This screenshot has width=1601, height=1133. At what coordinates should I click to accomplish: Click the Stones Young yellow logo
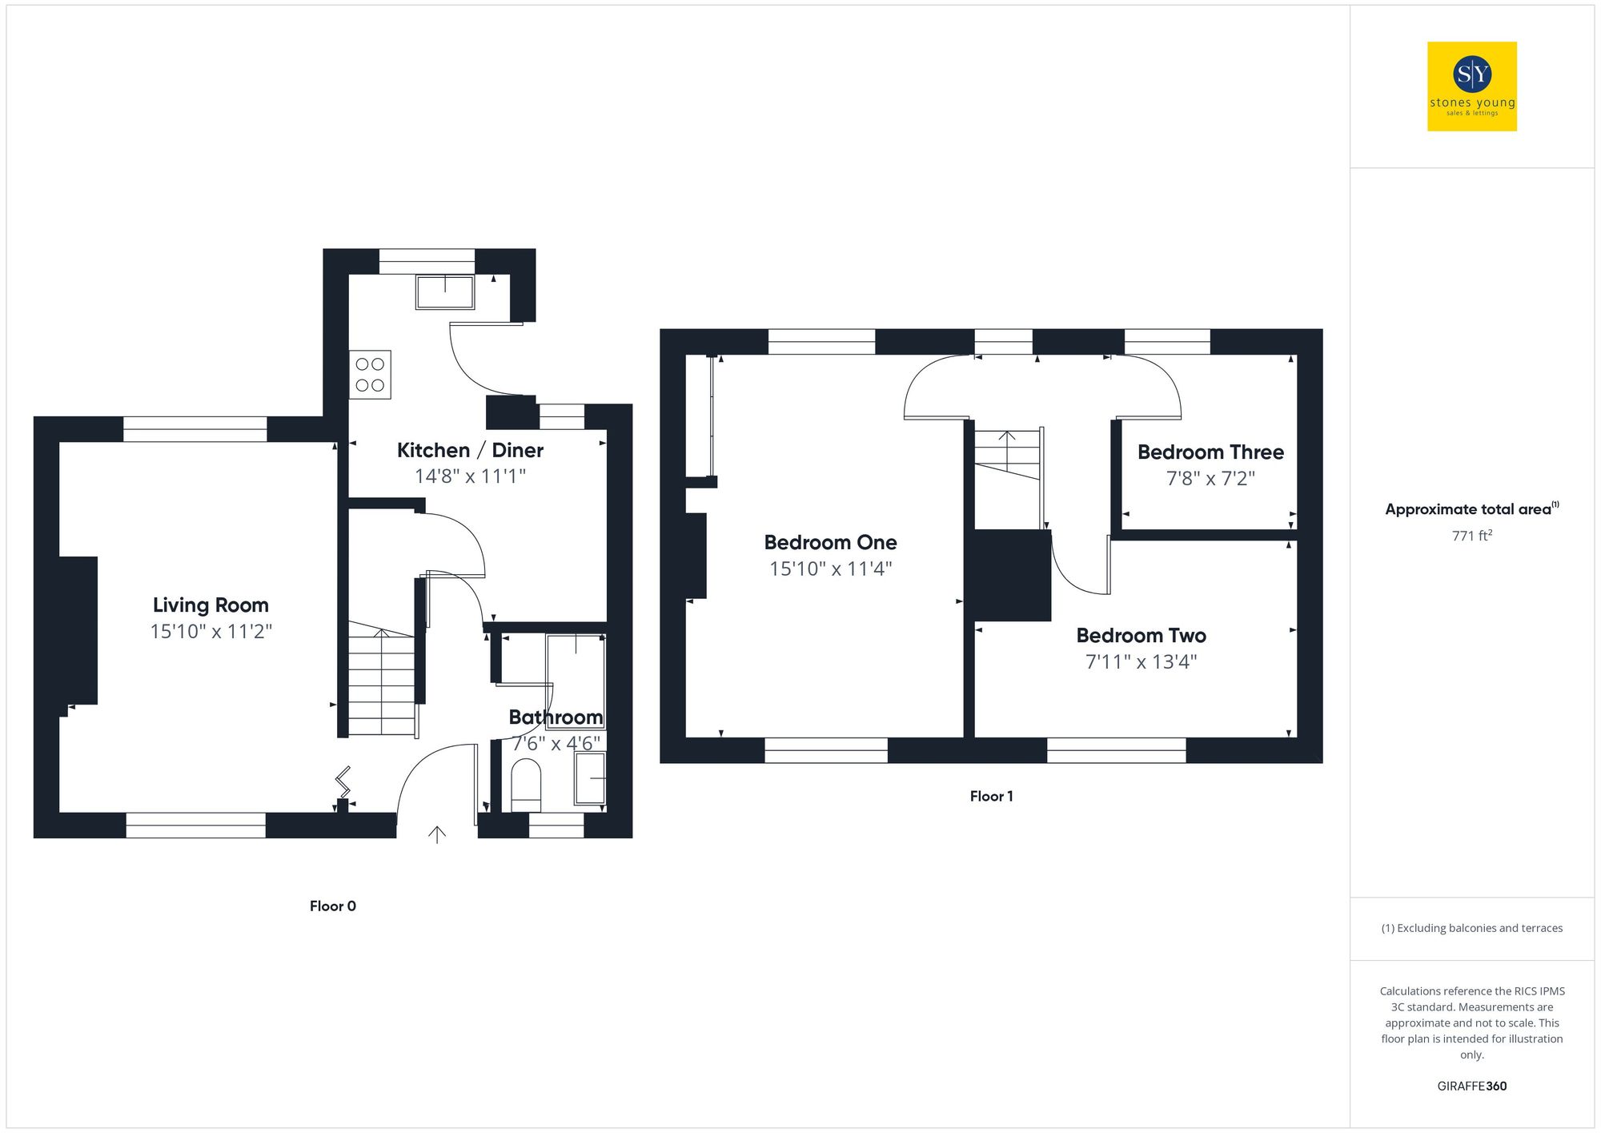pyautogui.click(x=1471, y=86)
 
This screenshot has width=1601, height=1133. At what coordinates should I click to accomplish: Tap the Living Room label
pyautogui.click(x=211, y=605)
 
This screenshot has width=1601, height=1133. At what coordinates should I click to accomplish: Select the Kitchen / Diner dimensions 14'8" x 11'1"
pyautogui.click(x=470, y=476)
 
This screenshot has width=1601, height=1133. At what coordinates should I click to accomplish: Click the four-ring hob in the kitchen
pyautogui.click(x=370, y=375)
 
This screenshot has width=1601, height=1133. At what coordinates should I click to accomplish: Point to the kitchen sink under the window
pyautogui.click(x=445, y=292)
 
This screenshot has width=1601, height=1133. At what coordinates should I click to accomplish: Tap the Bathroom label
pyautogui.click(x=556, y=717)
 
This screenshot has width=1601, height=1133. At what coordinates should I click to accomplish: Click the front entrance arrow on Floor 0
pyautogui.click(x=436, y=835)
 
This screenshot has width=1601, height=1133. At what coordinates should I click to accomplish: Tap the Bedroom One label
pyautogui.click(x=830, y=543)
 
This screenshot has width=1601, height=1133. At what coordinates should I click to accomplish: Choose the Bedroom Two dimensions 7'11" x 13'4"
pyautogui.click(x=1141, y=662)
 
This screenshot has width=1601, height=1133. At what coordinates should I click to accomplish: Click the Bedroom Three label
pyautogui.click(x=1210, y=452)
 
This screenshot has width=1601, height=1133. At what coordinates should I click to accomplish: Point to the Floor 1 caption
pyautogui.click(x=991, y=796)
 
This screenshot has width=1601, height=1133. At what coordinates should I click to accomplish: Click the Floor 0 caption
pyautogui.click(x=332, y=906)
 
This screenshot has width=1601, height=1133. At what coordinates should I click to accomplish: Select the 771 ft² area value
pyautogui.click(x=1471, y=536)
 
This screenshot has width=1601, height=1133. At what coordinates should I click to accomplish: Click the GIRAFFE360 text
pyautogui.click(x=1471, y=1086)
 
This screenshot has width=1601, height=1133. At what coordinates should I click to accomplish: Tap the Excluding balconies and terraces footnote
pyautogui.click(x=1471, y=928)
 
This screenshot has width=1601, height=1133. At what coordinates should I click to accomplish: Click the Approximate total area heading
pyautogui.click(x=1470, y=509)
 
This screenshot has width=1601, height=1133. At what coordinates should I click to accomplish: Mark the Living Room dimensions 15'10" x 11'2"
pyautogui.click(x=211, y=632)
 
